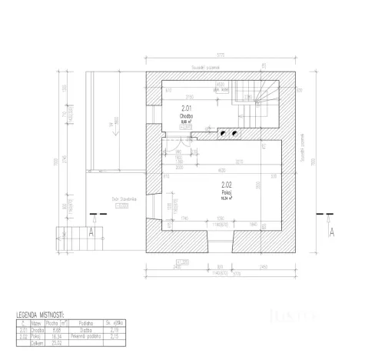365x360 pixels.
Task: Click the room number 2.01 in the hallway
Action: tap(186, 108)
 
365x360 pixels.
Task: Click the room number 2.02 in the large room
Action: tap(227, 185)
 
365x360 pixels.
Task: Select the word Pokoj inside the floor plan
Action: tap(226, 192)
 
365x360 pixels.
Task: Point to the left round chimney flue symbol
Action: tap(224, 132)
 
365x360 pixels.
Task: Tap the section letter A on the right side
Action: tap(331, 229)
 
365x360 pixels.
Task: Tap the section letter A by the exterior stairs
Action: tap(91, 229)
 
